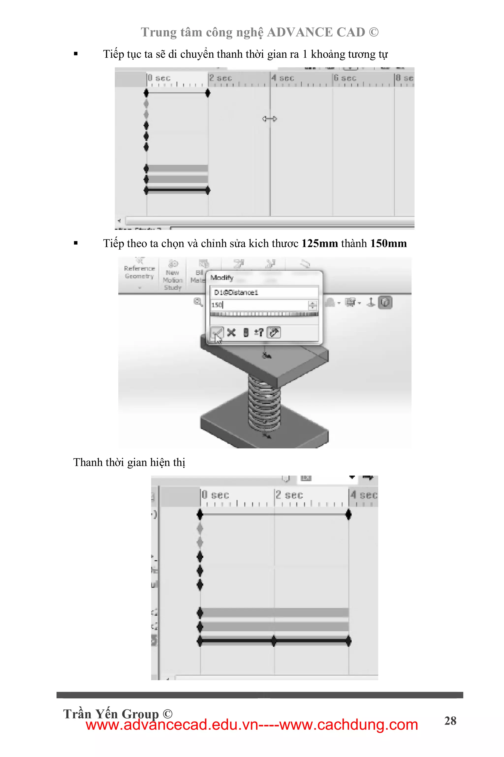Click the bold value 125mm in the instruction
[319, 244]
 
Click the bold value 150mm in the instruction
[388, 244]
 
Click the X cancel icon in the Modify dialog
[231, 332]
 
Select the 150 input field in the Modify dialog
[259, 305]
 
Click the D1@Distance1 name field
[264, 292]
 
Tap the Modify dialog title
[222, 278]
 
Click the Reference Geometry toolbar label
[140, 272]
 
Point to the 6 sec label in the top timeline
[345, 78]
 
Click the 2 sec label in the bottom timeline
[289, 495]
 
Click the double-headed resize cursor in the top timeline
[269, 119]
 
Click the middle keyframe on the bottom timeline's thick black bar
[274, 640]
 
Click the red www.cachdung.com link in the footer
[348, 725]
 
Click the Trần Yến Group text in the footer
[111, 714]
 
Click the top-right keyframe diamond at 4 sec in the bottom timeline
[348, 514]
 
